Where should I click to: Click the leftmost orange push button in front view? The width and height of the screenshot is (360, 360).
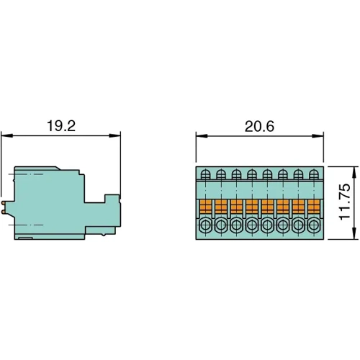[x=205, y=207]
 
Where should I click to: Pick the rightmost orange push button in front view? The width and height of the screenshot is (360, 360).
[x=313, y=207]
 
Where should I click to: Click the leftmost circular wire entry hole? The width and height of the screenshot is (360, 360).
[x=205, y=226]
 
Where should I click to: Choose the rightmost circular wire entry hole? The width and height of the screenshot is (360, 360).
[x=313, y=226]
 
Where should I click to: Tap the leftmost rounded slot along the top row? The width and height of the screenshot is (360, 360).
[x=205, y=174]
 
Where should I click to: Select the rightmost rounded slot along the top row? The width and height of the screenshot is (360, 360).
[x=313, y=174]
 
